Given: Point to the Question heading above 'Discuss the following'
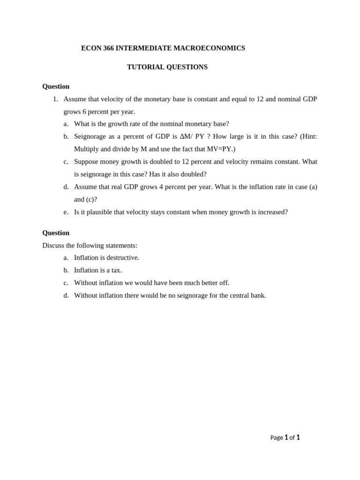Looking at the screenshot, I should pyautogui.click(x=56, y=233).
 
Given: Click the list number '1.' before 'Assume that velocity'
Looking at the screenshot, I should pyautogui.click(x=55, y=99).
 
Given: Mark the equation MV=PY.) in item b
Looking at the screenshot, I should pyautogui.click(x=221, y=149).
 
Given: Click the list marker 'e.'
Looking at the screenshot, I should pyautogui.click(x=66, y=212).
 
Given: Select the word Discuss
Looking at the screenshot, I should pyautogui.click(x=54, y=246).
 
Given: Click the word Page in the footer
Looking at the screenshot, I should pyautogui.click(x=277, y=438).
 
